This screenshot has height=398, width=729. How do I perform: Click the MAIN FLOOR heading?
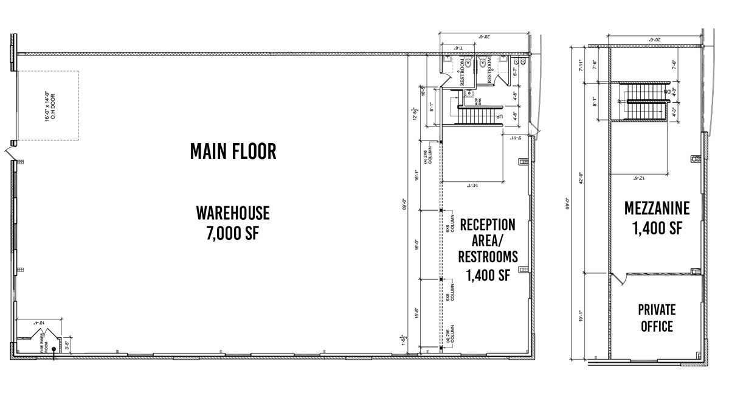click(233, 151)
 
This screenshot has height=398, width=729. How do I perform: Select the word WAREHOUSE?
click(233, 213)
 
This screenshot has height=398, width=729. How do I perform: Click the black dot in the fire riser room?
click(54, 349)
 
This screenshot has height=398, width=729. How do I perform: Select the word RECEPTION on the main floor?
click(487, 225)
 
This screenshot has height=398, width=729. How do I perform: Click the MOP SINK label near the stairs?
click(469, 100)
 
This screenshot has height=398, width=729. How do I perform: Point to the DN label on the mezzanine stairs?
click(666, 91)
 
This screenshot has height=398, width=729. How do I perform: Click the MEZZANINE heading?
click(657, 209)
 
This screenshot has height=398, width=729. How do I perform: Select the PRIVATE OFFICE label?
click(657, 318)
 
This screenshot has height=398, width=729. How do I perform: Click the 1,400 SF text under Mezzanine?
click(657, 229)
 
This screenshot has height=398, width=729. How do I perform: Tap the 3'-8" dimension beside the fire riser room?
click(66, 344)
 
